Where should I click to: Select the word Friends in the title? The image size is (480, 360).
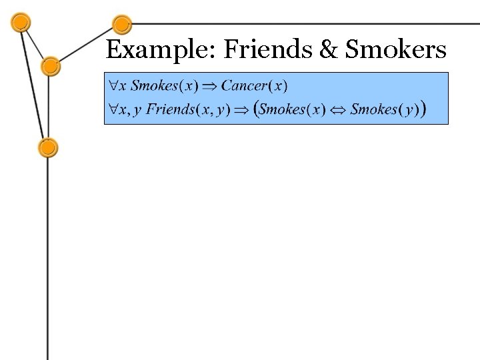pos(268,49)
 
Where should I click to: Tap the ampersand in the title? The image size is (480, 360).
pos(329,49)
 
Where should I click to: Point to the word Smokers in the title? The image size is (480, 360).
pos(395,49)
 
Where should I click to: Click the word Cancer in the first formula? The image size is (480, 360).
pos(244,85)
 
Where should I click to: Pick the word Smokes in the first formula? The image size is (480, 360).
pos(154,85)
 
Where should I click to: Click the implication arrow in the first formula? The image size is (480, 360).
pos(209,87)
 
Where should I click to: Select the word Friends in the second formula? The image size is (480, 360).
pos(170,109)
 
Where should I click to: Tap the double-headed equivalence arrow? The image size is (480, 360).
pos(338,110)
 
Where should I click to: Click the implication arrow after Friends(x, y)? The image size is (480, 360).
pos(241,110)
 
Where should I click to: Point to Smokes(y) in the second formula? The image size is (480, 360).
pos(385,109)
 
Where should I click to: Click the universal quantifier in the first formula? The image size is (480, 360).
pos(113,85)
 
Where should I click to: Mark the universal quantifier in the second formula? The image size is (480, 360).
pos(113,109)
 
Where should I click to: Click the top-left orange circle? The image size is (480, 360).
pos(21,23)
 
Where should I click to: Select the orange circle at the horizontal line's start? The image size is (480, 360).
pos(122,25)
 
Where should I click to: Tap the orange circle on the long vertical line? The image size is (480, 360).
pos(48,148)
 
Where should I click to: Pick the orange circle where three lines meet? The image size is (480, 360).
pos(51,67)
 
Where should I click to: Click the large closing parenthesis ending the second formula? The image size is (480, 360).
pos(423,109)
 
